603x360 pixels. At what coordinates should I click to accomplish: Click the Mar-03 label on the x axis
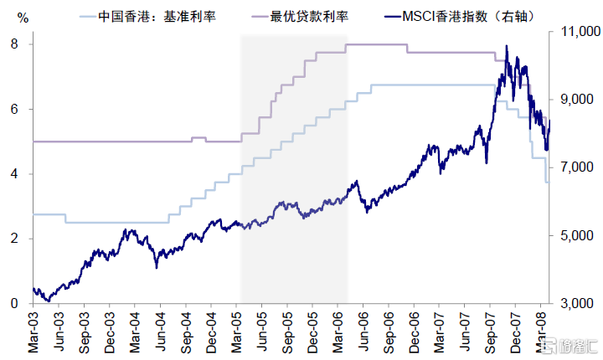(x=33, y=328)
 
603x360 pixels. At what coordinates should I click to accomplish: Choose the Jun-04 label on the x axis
(x=162, y=328)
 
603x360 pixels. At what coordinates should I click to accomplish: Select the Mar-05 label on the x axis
(x=240, y=328)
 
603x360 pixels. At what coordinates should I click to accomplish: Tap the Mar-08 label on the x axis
(x=545, y=328)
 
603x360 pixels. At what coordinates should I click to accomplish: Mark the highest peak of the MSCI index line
(x=507, y=46)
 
